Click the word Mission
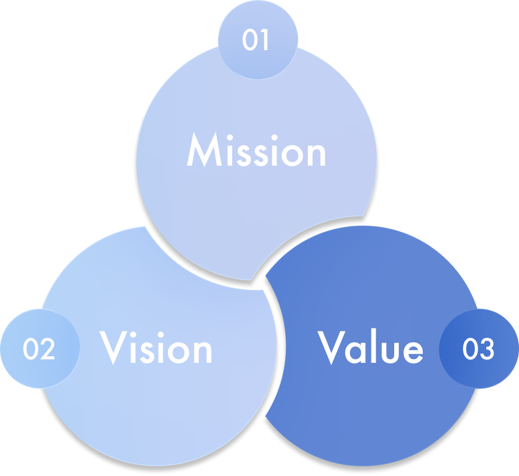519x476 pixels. click(x=256, y=150)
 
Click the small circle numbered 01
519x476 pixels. click(x=257, y=40)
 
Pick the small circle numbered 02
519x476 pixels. click(x=39, y=348)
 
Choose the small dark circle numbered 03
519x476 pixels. click(x=478, y=348)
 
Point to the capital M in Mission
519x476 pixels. click(x=202, y=150)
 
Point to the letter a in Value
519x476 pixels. click(x=359, y=352)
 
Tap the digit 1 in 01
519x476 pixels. click(x=265, y=40)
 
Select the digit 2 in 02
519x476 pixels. click(x=47, y=348)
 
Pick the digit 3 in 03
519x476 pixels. click(x=487, y=348)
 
